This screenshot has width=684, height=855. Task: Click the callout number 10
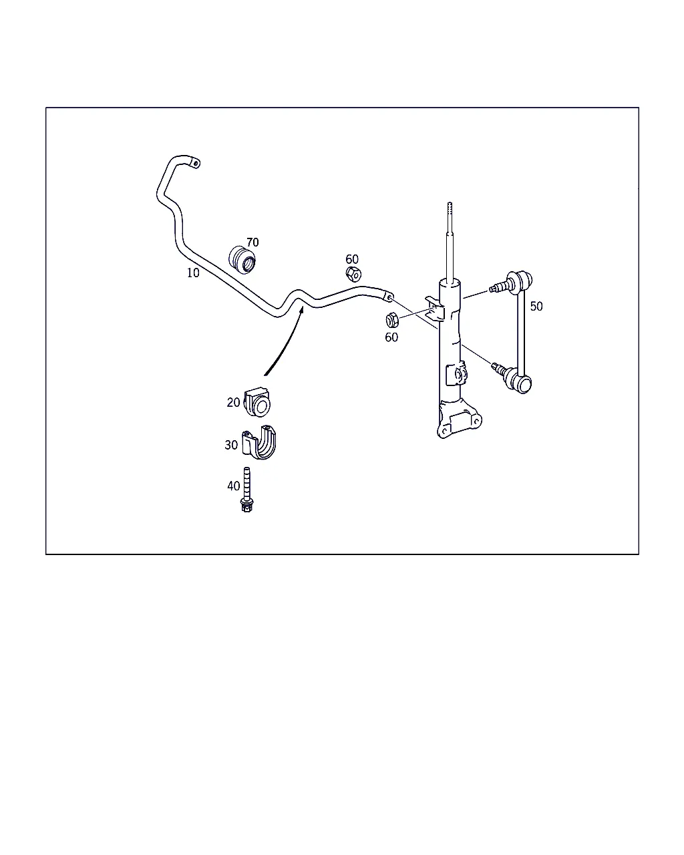pyautogui.click(x=193, y=273)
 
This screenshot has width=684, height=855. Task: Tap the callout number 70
pyautogui.click(x=252, y=242)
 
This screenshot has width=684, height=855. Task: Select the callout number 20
pyautogui.click(x=233, y=403)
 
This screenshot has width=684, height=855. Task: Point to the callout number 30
pyautogui.click(x=231, y=445)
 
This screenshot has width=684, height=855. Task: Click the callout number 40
pyautogui.click(x=233, y=486)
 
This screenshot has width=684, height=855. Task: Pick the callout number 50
pyautogui.click(x=536, y=307)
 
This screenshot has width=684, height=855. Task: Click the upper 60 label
pyautogui.click(x=352, y=259)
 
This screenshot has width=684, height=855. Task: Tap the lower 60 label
pyautogui.click(x=391, y=337)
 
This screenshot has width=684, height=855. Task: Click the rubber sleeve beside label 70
pyautogui.click(x=242, y=260)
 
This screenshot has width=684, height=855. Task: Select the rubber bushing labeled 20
pyautogui.click(x=258, y=403)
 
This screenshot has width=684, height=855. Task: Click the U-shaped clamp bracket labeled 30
pyautogui.click(x=259, y=443)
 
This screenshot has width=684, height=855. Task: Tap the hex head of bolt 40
pyautogui.click(x=246, y=506)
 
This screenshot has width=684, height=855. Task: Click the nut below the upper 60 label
pyautogui.click(x=353, y=274)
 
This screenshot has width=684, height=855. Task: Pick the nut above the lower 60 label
pyautogui.click(x=392, y=320)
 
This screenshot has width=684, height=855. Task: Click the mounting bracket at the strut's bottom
pyautogui.click(x=459, y=419)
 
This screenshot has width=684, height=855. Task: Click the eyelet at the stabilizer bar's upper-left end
pyautogui.click(x=195, y=163)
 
